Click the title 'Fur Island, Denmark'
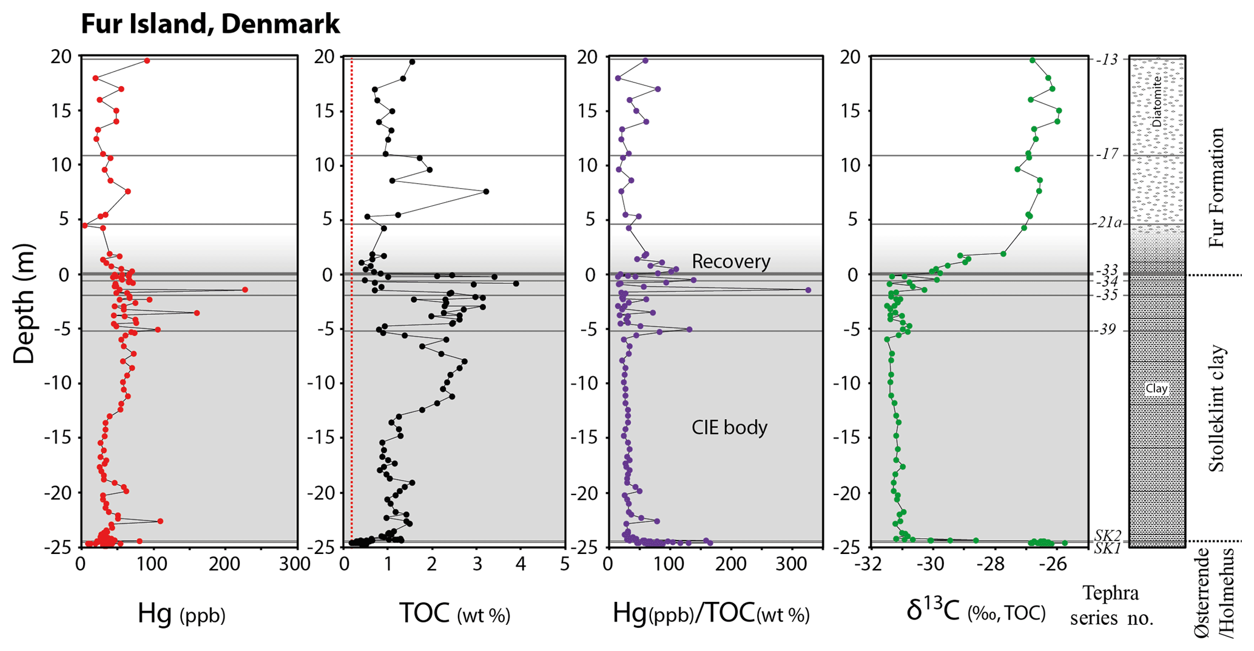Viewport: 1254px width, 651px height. coord(210,24)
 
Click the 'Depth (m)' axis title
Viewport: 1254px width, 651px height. coord(24,303)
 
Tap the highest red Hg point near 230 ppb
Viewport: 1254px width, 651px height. coord(244,290)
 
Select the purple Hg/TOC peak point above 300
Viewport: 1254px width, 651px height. coord(808,291)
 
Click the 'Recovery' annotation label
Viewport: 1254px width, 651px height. coord(730,261)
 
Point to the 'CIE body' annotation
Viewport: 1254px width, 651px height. coord(729,428)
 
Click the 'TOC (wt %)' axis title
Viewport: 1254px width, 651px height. coord(454,614)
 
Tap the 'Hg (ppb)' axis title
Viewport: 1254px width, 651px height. coord(181,614)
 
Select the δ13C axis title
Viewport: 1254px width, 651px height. coord(976,612)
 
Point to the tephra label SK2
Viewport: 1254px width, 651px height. coord(1108,535)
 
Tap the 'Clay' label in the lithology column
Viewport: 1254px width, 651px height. coord(1156,389)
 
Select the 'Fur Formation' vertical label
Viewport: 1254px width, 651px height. coord(1216,187)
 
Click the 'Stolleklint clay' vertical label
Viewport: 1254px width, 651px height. coord(1216,409)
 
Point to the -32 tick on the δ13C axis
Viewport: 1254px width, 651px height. coord(869,564)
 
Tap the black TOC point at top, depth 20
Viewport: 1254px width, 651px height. coord(412,62)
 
